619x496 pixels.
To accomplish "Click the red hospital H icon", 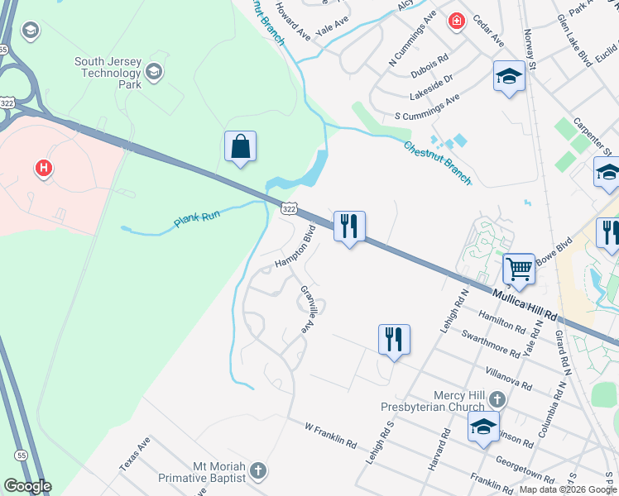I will click(44, 169).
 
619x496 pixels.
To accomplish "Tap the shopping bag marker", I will click(240, 147).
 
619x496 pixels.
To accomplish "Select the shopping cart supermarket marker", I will click(519, 268).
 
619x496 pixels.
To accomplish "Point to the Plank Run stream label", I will click(197, 219).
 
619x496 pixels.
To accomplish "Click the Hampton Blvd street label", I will click(296, 246).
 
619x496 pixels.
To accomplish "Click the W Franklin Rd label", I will click(330, 436).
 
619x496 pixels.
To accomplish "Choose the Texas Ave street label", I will click(134, 454).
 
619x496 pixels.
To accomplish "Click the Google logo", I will click(26, 486).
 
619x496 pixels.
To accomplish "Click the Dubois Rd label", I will click(430, 64).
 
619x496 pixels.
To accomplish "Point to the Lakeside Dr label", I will click(437, 80).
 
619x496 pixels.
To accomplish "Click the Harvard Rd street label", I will click(438, 450).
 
